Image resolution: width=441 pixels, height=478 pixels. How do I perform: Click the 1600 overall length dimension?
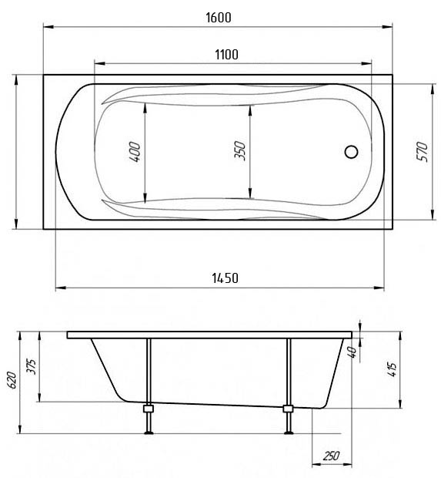click(219, 18)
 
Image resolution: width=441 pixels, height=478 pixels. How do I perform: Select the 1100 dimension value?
click(226, 55)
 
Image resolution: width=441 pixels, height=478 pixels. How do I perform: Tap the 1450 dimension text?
click(225, 278)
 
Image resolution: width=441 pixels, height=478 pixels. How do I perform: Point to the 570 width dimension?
click(422, 152)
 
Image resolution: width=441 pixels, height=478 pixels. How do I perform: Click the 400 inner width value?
click(135, 152)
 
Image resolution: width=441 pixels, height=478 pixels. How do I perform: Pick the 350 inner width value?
click(239, 150)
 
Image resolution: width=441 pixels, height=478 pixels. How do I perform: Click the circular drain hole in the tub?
click(351, 152)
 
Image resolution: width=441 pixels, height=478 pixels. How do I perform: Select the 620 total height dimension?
click(12, 380)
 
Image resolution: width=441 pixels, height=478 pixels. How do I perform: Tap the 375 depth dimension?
click(32, 367)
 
